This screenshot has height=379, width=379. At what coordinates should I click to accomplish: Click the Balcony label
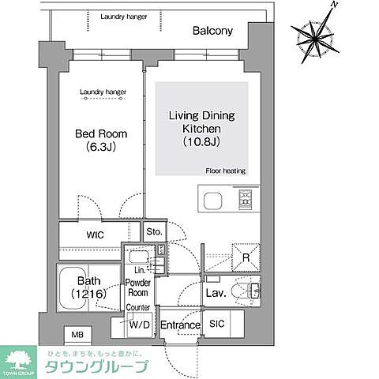pyautogui.click(x=212, y=32)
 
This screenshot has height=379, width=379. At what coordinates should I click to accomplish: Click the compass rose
pyautogui.click(x=316, y=36)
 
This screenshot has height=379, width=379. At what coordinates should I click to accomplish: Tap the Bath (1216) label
pyautogui.click(x=86, y=287)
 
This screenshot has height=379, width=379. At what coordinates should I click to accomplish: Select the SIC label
pyautogui.click(x=217, y=324)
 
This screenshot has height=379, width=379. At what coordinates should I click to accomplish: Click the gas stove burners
pyautogui.click(x=244, y=201)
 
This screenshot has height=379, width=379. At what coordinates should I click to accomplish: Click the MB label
pyautogui.click(x=77, y=334)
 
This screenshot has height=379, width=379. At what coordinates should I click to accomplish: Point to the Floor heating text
pyautogui.click(x=225, y=170)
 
